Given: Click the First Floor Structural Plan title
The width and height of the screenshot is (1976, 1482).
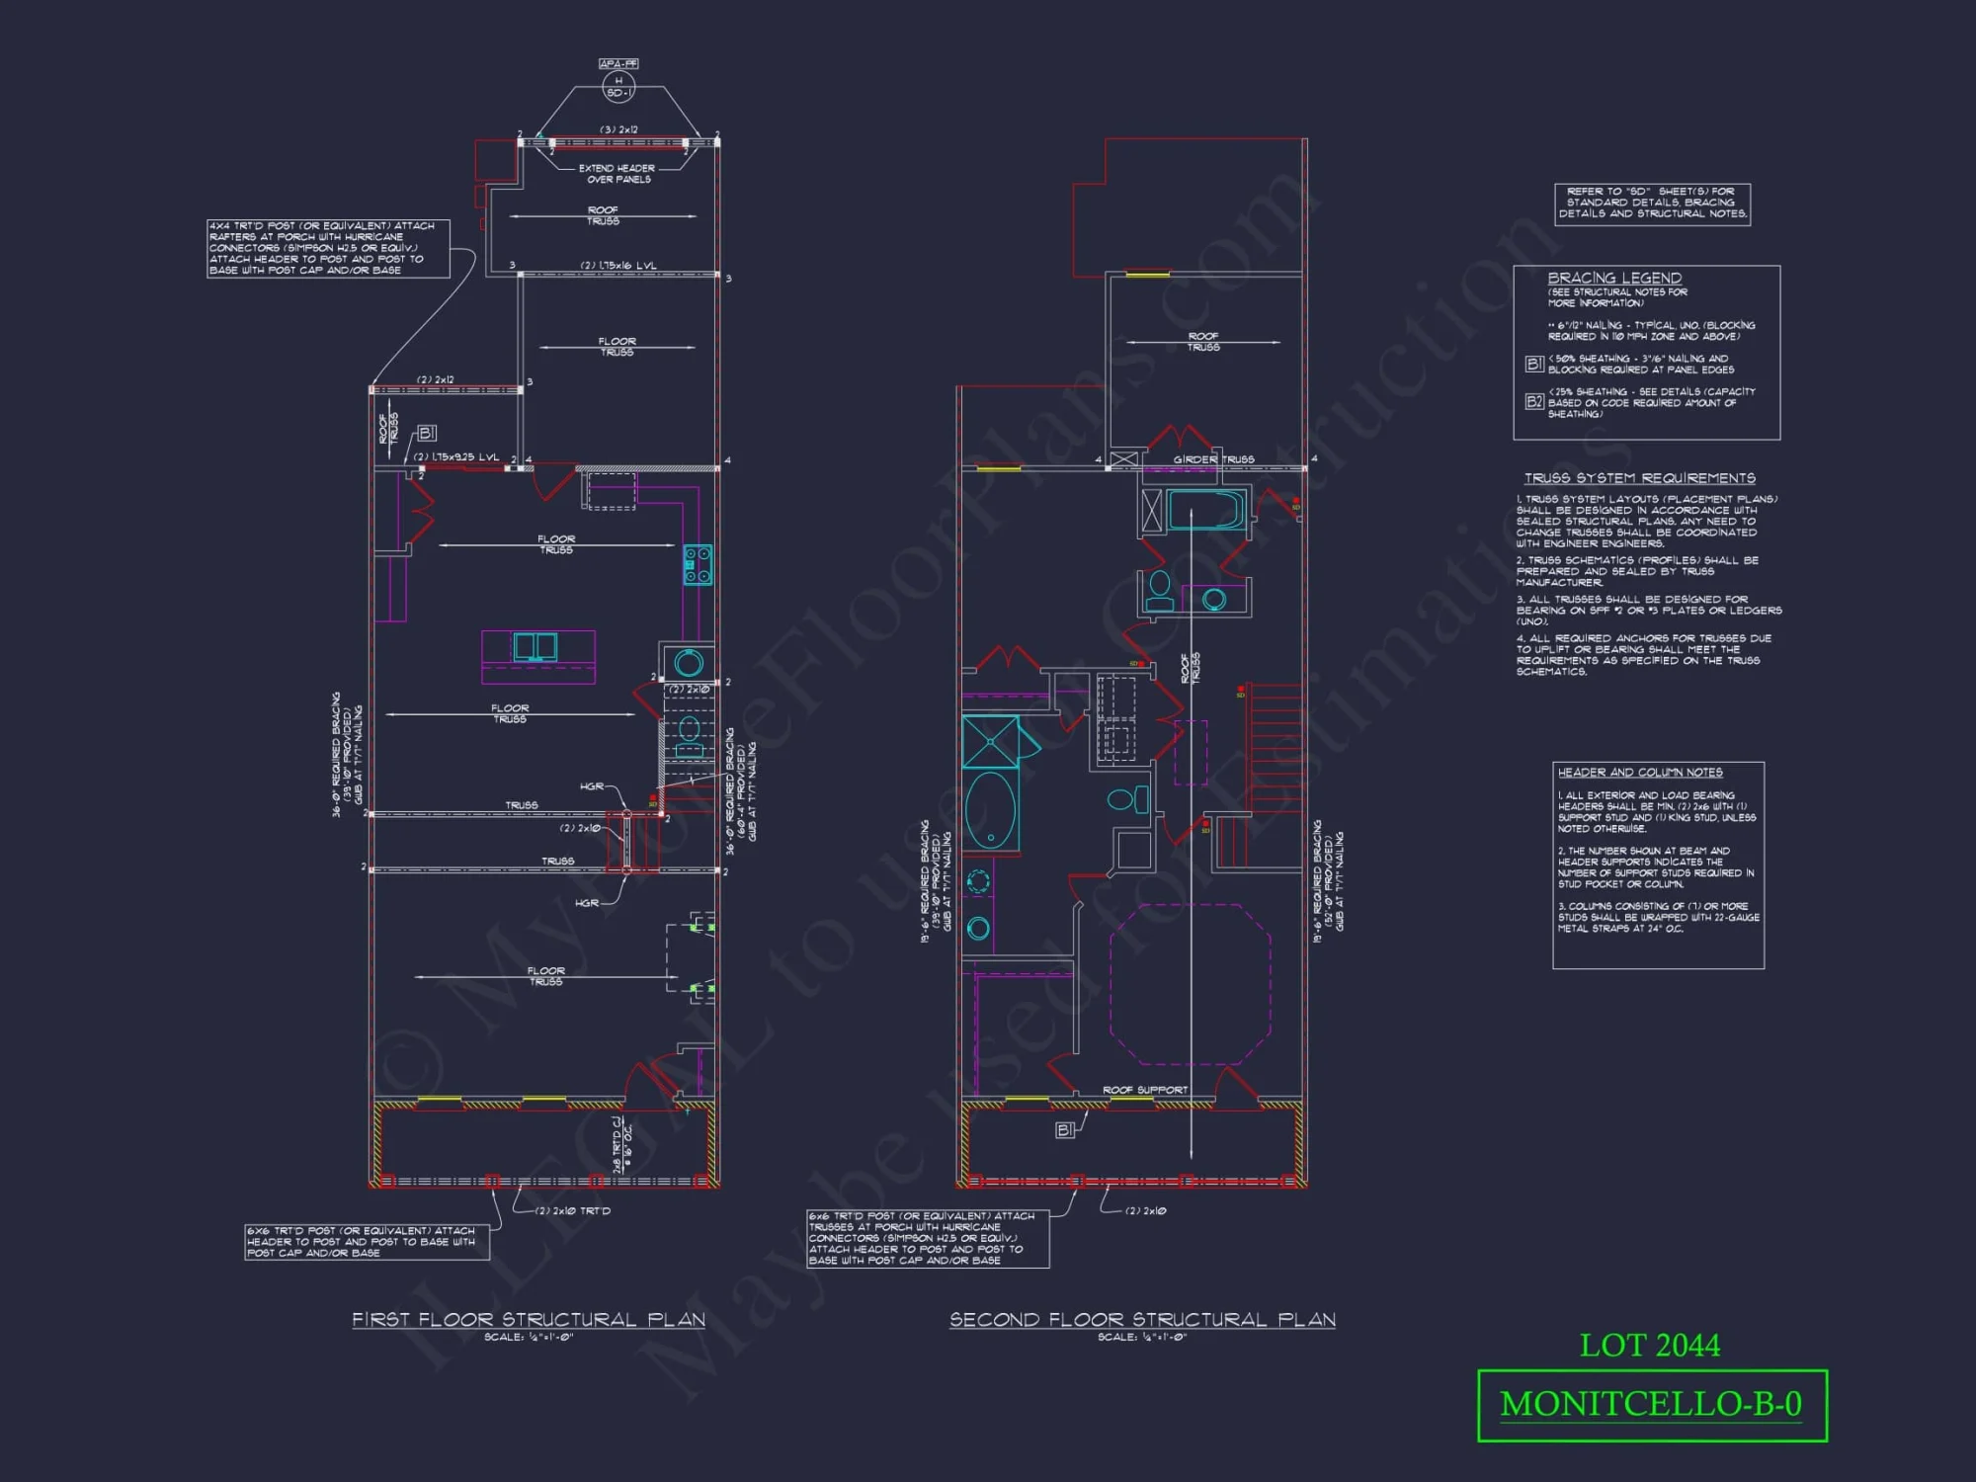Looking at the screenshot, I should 529,1320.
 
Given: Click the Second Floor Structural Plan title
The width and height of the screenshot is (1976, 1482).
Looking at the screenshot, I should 1142,1320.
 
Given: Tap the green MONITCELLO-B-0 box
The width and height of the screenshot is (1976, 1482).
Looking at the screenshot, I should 1651,1405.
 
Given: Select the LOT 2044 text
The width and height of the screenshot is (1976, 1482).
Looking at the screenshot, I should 1649,1346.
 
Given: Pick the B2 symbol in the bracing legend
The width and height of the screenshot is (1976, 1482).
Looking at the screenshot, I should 1533,401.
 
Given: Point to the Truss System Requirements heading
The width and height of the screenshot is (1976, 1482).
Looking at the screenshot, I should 1639,478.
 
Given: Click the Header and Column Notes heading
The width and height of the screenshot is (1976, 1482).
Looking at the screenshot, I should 1639,773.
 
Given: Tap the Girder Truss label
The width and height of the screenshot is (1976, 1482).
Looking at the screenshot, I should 1213,459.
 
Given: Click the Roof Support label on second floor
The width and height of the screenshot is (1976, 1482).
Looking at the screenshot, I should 1144,1090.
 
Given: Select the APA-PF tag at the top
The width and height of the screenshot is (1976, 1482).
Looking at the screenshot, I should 618,63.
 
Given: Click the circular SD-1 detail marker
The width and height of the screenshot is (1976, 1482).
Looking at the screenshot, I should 618,87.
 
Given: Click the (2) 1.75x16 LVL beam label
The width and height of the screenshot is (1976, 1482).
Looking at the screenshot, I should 618,266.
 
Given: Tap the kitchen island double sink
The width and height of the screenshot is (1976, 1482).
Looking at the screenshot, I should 535,647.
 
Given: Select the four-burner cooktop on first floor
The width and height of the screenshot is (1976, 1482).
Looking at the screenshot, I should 698,564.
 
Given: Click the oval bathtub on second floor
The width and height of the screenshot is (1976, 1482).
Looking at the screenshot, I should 990,810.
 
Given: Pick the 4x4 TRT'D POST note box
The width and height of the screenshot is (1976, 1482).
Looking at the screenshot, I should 328,248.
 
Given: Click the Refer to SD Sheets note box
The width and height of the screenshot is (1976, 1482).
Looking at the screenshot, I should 1652,204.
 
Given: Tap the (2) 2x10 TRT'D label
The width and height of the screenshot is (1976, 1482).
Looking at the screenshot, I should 574,1210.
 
